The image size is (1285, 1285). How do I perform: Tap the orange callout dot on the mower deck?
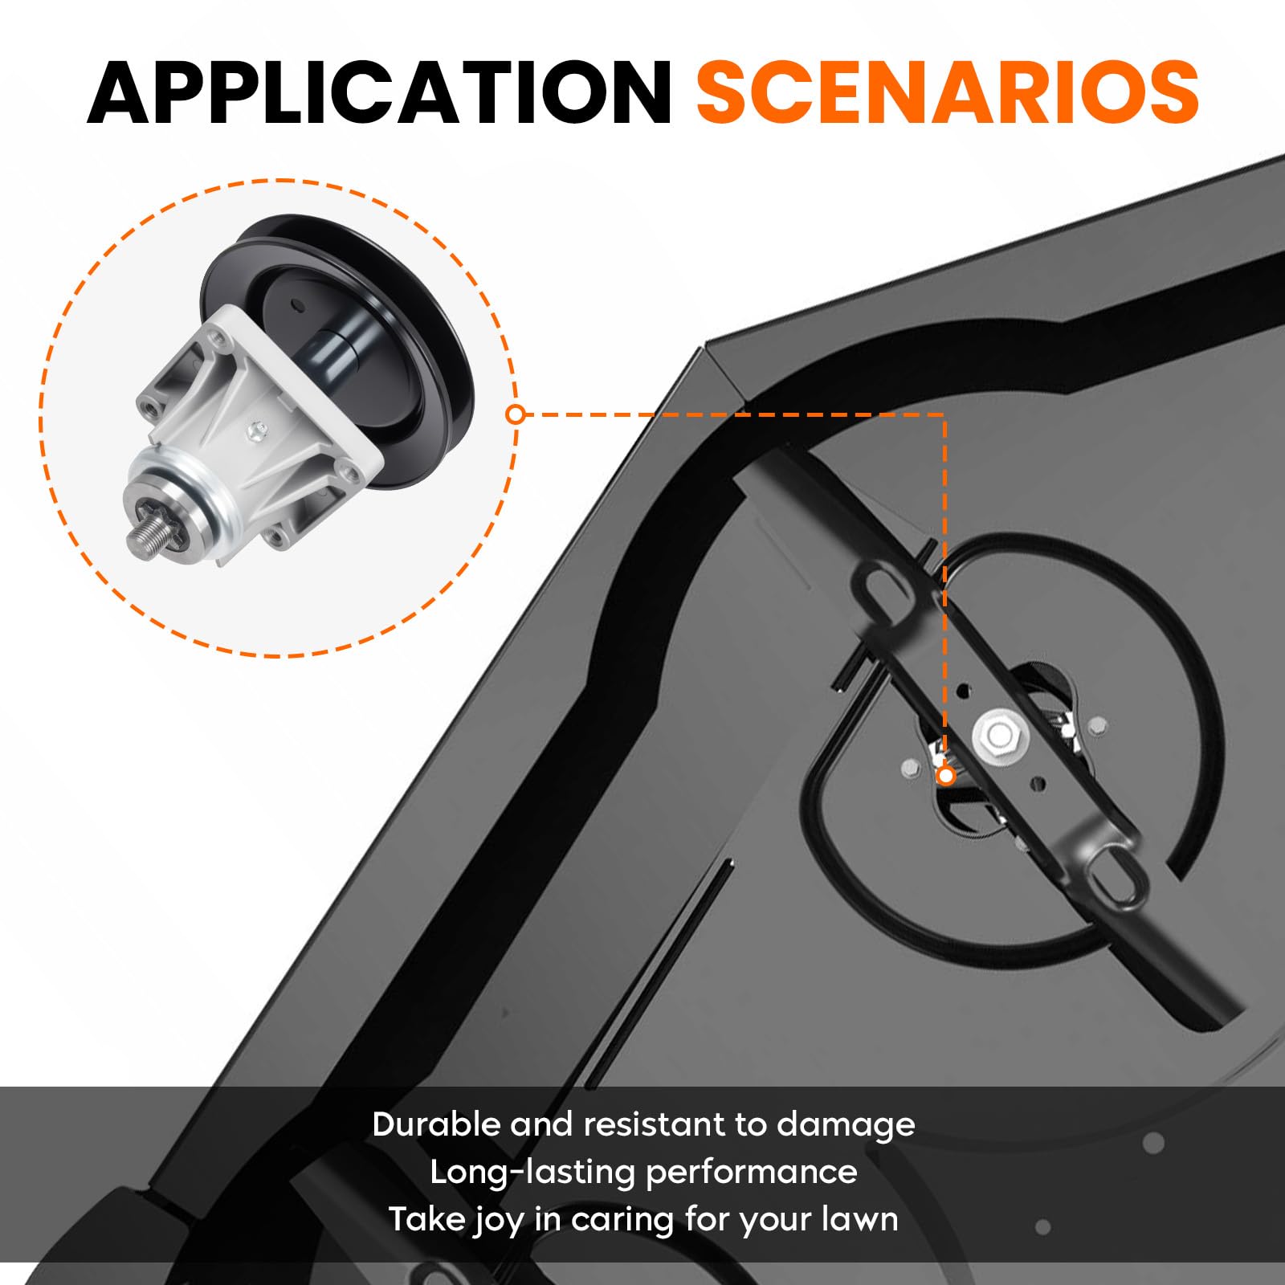coord(946,775)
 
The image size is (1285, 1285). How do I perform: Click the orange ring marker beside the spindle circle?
coord(516,414)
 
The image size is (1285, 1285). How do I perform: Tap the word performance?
coord(752,1173)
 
